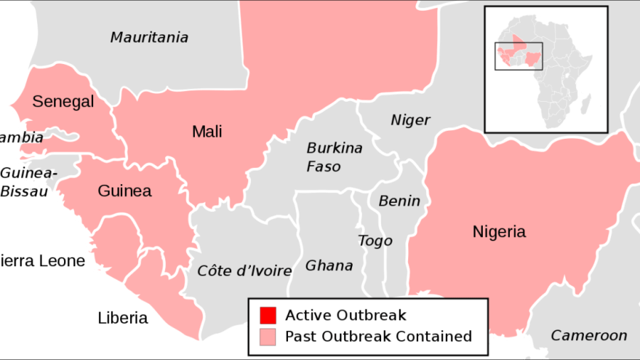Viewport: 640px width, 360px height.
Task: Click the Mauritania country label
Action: [x=149, y=37]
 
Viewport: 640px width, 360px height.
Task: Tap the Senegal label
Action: [x=63, y=102]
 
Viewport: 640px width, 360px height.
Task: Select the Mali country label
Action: [x=207, y=132]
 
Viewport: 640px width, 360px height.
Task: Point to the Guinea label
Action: [x=124, y=191]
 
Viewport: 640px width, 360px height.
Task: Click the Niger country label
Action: [x=410, y=120]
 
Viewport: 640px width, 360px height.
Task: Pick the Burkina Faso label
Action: [x=334, y=157]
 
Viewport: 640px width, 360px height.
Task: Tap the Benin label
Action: [x=399, y=201]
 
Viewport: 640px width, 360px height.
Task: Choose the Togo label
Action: [x=375, y=240]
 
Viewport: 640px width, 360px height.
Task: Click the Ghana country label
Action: [x=329, y=265]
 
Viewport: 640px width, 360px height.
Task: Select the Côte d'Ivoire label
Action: [x=245, y=270]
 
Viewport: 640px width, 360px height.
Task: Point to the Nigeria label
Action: [x=499, y=231]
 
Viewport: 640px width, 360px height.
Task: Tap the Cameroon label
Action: [x=590, y=335]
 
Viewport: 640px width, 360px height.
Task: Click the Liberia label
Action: [x=122, y=318]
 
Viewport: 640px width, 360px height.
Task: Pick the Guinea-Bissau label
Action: [x=24, y=182]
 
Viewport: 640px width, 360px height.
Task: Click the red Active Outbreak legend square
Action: [x=267, y=315]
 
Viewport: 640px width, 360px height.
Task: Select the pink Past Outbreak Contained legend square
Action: [x=267, y=336]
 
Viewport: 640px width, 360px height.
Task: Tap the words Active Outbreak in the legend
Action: [x=346, y=315]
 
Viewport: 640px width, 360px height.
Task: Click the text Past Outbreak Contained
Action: [x=378, y=336]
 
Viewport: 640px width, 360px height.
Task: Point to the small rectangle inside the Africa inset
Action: [x=518, y=56]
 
